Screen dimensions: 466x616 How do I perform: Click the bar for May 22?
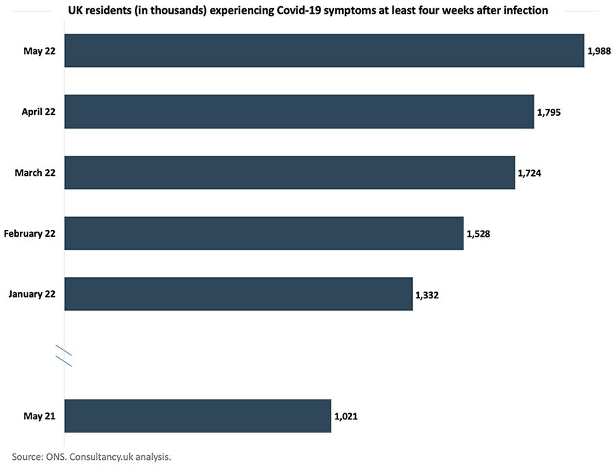pos(324,51)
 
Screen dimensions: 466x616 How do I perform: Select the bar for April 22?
pos(299,112)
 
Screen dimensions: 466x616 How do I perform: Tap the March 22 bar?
pos(290,172)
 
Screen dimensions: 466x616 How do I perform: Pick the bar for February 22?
pos(264,233)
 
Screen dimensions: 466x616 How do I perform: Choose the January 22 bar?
pos(239,294)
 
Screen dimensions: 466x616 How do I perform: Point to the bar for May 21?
pos(198,416)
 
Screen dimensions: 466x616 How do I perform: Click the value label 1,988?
pos(599,51)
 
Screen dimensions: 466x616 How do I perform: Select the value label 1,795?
pos(549,112)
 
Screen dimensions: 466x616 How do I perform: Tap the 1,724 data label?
pos(529,172)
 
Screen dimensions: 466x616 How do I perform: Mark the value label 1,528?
pos(478,233)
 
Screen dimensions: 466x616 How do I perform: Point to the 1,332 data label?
pos(428,294)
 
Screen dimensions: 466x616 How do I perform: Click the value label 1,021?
pos(346,416)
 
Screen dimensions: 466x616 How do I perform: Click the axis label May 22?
pos(39,51)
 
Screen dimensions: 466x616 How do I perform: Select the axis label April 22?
pos(38,112)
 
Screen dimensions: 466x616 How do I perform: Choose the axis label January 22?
pos(31,294)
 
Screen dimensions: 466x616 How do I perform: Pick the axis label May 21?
pos(39,416)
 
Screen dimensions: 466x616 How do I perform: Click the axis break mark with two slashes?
pos(64,356)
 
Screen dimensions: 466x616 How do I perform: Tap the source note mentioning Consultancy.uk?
pos(91,456)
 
